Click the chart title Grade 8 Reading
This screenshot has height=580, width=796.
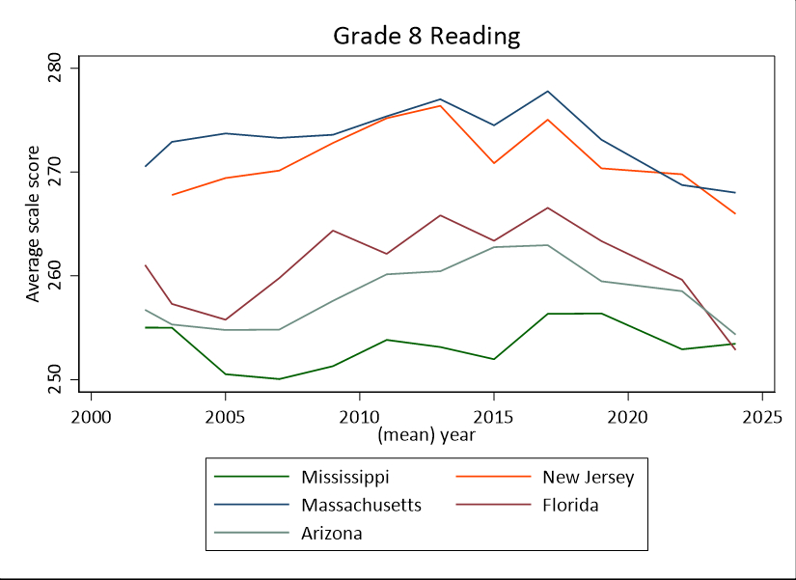pyautogui.click(x=426, y=37)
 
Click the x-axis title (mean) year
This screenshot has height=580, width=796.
pyautogui.click(x=425, y=434)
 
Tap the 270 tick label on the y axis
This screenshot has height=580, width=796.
pyautogui.click(x=56, y=173)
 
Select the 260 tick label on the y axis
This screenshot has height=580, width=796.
pyautogui.click(x=56, y=276)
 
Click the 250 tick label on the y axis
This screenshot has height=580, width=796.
pyautogui.click(x=56, y=379)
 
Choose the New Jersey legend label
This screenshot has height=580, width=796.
pyautogui.click(x=588, y=477)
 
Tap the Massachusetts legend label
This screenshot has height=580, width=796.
pyautogui.click(x=361, y=505)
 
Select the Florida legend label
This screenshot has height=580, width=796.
pyautogui.click(x=570, y=505)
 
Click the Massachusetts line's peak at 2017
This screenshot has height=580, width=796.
pyautogui.click(x=547, y=92)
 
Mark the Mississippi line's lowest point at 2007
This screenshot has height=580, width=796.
pyautogui.click(x=279, y=378)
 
